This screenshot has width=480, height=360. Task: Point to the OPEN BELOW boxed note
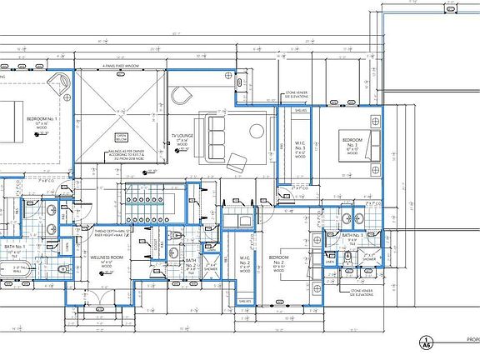(120, 138)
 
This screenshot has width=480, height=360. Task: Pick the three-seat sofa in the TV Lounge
(217, 130)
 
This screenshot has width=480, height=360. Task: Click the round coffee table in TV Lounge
(255, 129)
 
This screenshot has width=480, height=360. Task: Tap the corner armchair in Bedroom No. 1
(61, 82)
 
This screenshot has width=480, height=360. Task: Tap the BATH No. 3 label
(352, 237)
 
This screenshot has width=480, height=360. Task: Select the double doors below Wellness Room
(101, 297)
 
